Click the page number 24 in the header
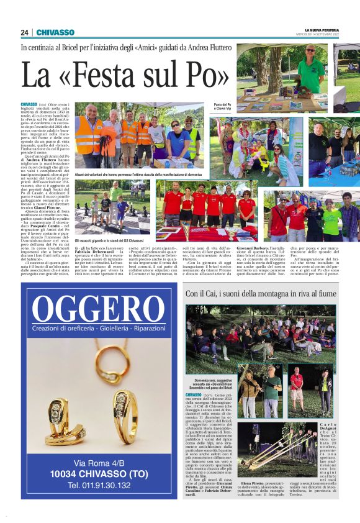[24, 32]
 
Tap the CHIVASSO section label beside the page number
[55, 32]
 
